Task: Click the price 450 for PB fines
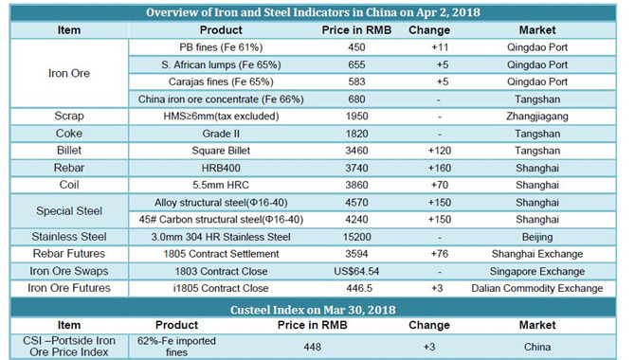pos(356,47)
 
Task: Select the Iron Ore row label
pos(69,73)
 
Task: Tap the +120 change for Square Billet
pos(440,151)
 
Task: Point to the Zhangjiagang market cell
pos(537,117)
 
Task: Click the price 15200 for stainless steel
pos(356,237)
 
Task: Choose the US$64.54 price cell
pos(356,271)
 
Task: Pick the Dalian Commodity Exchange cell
pos(537,288)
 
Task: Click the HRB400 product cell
pos(221,168)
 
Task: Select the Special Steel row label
pos(69,211)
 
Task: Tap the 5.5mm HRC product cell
pos(221,185)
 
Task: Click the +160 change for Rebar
pos(440,168)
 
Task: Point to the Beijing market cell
pos(537,237)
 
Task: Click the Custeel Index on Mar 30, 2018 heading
pos(313,310)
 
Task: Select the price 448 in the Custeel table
pos(312,347)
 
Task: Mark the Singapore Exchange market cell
pos(537,271)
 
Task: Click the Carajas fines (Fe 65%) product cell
pos(221,81)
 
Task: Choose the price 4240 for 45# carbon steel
pos(356,220)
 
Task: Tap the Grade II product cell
pos(221,134)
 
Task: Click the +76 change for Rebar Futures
pos(440,254)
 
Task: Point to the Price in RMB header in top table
pos(356,30)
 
